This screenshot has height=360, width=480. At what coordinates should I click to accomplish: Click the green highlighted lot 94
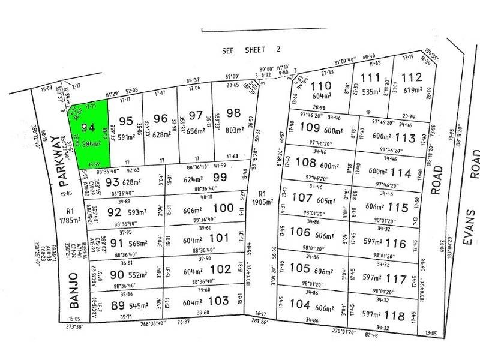tap(90, 135)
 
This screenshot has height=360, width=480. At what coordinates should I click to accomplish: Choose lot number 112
tap(412, 77)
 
